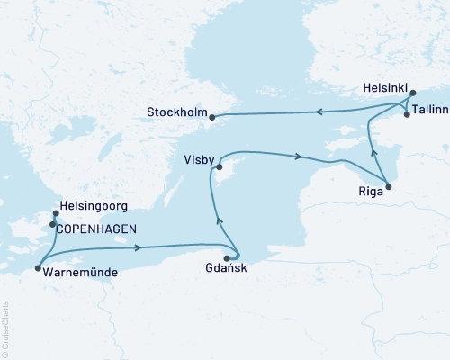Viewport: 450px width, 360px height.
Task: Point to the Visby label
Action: (x=197, y=160)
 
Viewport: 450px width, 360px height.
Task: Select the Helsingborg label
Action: (x=94, y=205)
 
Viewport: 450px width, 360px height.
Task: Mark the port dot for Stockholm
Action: (x=212, y=116)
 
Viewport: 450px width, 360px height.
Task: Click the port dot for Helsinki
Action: (x=412, y=93)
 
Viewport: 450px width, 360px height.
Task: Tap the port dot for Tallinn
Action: (x=407, y=114)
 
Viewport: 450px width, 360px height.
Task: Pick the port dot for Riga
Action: (x=388, y=187)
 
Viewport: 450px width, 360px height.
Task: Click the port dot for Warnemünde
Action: (x=37, y=267)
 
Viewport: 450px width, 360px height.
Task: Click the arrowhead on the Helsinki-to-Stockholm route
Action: (x=319, y=112)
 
